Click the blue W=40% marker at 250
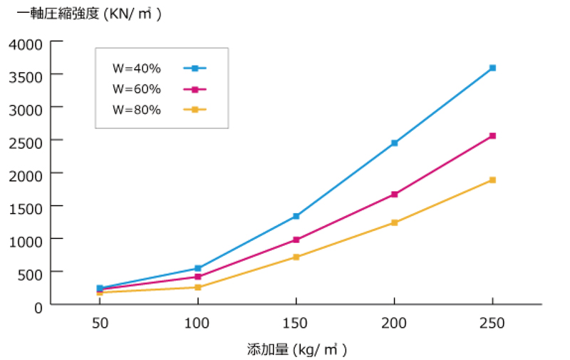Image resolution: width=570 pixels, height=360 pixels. [x=492, y=68]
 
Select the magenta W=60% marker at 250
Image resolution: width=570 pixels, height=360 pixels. [x=492, y=135]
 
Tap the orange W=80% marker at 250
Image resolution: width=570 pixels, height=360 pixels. [x=492, y=180]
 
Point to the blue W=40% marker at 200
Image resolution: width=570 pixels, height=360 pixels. [x=394, y=143]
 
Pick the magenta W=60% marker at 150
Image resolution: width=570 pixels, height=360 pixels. [x=296, y=240]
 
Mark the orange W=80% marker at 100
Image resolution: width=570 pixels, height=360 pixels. [x=198, y=287]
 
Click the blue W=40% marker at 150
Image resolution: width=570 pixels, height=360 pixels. [x=296, y=216]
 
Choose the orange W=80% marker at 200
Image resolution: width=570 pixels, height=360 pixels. [x=394, y=222]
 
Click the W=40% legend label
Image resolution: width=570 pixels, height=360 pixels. [x=137, y=68]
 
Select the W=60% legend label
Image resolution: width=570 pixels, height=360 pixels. [x=137, y=89]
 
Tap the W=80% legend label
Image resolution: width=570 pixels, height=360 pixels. [x=137, y=110]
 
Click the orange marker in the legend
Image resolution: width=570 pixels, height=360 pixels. [x=195, y=110]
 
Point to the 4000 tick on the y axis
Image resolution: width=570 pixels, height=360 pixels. [x=26, y=44]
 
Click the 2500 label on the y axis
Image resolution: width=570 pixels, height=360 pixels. [x=26, y=141]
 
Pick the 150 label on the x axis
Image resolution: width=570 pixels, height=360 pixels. [x=296, y=323]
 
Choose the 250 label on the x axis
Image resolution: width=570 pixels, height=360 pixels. [x=492, y=323]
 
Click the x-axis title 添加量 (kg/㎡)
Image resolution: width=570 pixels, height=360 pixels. [x=296, y=350]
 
